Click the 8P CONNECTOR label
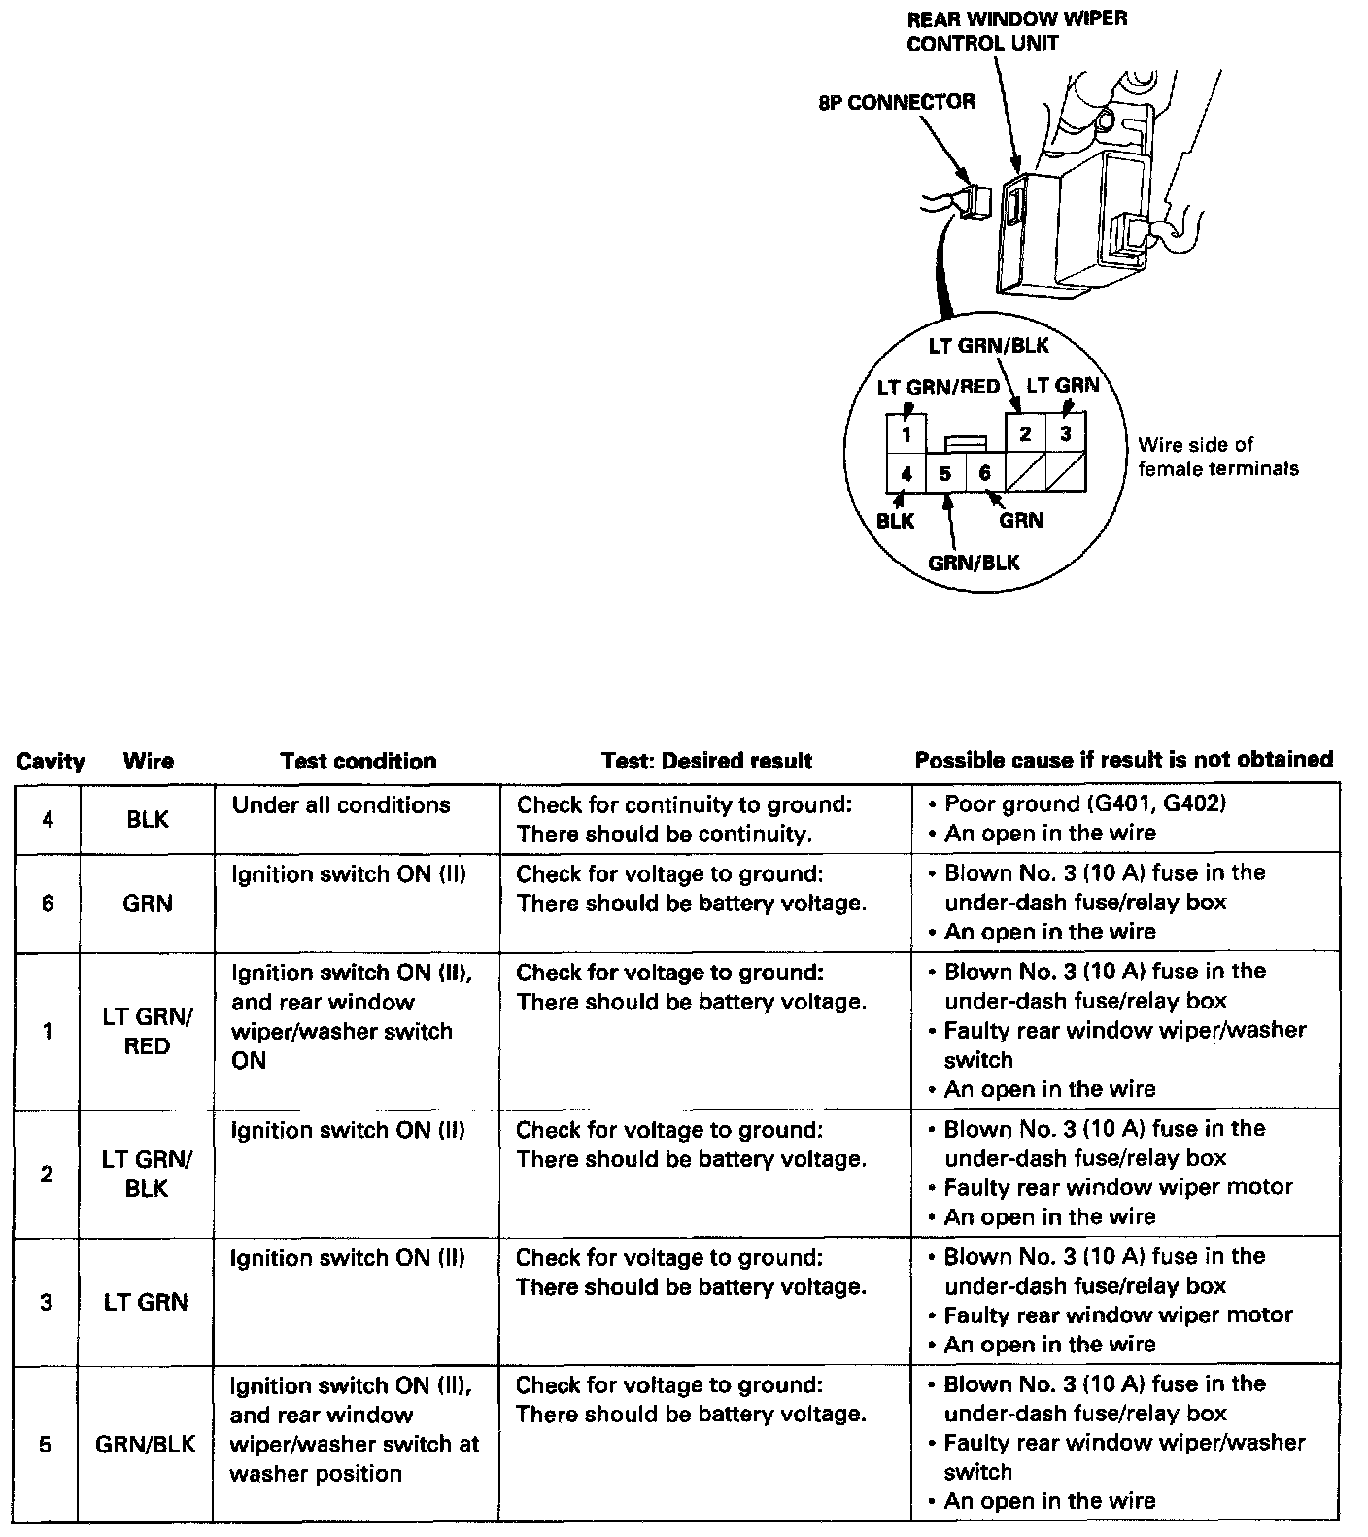coord(896,102)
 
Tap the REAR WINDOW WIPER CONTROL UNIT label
coord(1016,31)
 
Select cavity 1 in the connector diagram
coord(906,434)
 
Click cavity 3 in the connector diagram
coord(1066,433)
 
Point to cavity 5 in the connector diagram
coord(945,474)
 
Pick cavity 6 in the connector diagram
coord(984,473)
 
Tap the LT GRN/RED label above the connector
coord(938,387)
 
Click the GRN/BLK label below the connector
coord(974,563)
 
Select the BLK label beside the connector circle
coord(895,520)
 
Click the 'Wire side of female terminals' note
coord(1217,457)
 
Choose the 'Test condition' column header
coord(358,761)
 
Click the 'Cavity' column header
coord(51,761)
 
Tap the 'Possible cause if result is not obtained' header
coord(1124,760)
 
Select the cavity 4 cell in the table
coord(48,819)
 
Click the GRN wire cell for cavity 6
coord(147,904)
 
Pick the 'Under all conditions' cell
coord(341,804)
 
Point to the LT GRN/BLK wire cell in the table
coord(147,1174)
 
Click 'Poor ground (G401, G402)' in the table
coord(1084,803)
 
